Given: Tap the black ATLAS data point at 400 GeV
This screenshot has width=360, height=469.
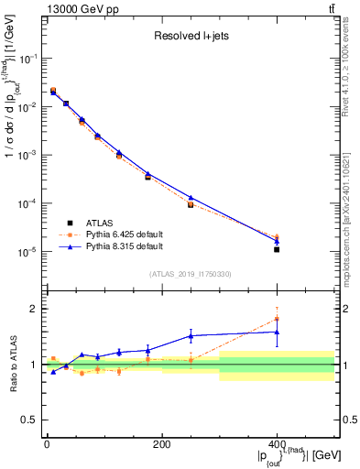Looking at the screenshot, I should pos(277,249).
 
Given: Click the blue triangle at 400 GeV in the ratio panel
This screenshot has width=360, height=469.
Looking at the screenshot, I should pos(277,332).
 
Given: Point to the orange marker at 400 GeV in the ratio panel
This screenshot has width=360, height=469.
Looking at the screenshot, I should pos(277,319).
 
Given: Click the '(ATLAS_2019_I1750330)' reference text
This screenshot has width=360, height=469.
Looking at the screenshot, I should pos(191,274).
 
